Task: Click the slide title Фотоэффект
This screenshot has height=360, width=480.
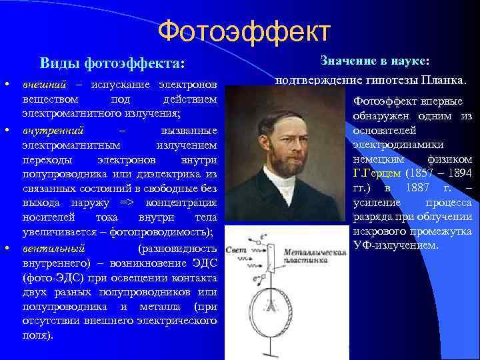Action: coord(245,30)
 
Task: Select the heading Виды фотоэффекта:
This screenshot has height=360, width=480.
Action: coord(111,63)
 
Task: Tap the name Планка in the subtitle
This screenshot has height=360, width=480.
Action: coord(444,81)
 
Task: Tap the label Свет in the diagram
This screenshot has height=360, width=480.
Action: coord(237,249)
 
